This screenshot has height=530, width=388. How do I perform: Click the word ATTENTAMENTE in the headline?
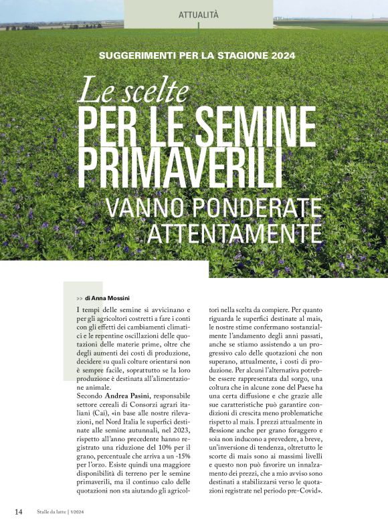pyautogui.click(x=235, y=233)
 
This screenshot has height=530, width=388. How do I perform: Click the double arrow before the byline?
pyautogui.click(x=80, y=297)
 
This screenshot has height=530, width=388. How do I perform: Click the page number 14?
pyautogui.click(x=19, y=511)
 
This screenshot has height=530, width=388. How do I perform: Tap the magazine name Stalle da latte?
pyautogui.click(x=51, y=512)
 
